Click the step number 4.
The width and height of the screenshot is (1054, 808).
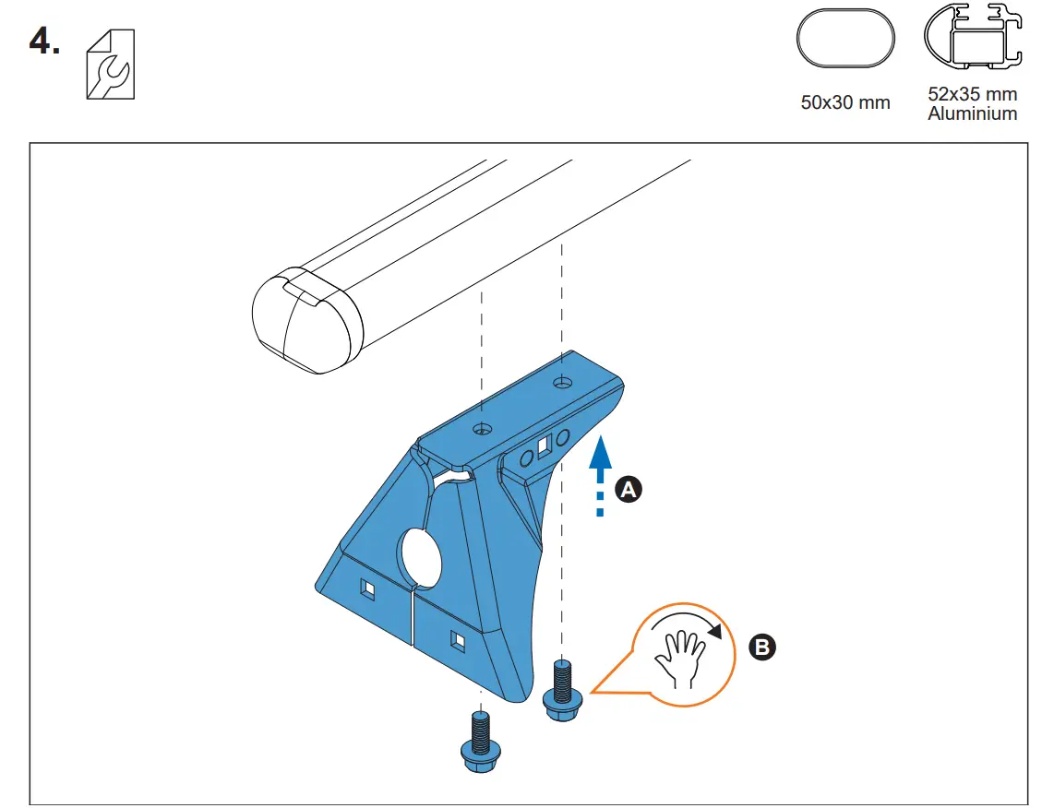(43, 42)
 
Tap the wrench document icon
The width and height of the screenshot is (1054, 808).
(109, 64)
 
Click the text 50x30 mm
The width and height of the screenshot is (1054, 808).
(845, 102)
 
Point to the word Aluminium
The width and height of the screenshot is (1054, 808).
(972, 114)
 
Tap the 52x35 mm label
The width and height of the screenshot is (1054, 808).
(972, 94)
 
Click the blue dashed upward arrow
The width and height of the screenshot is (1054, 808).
(600, 475)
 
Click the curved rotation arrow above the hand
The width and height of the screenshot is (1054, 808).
(688, 620)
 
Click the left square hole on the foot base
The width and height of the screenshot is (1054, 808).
(367, 588)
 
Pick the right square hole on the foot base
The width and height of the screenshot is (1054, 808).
(457, 637)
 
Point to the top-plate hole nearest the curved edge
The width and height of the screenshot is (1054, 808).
(560, 381)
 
